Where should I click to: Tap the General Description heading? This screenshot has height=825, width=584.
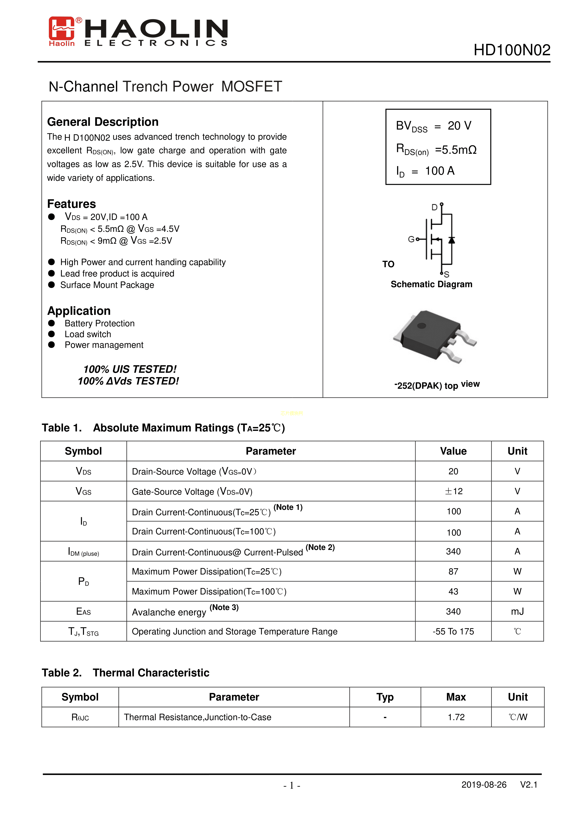(103, 122)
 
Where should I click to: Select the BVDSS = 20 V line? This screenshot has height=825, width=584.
(433, 126)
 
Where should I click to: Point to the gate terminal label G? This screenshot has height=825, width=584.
(411, 239)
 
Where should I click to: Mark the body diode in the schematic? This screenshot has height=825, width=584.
(451, 240)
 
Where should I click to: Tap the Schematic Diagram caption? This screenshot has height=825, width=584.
(431, 284)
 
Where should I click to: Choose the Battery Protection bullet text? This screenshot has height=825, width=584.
(100, 323)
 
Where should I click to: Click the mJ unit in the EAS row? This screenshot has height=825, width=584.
(517, 611)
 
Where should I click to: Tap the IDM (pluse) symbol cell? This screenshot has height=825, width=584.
(83, 552)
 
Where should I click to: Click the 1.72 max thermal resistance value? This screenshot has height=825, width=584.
(456, 717)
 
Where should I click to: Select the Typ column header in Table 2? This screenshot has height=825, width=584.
(385, 697)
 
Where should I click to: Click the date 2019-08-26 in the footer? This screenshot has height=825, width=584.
(484, 785)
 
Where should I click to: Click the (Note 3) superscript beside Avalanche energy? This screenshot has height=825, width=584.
(224, 608)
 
